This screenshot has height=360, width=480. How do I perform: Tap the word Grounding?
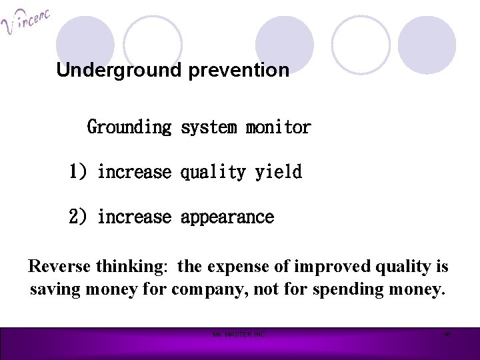click(129, 127)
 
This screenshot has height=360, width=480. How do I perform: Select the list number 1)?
click(78, 172)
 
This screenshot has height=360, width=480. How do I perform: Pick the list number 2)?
click(78, 217)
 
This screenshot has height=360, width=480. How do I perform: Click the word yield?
click(279, 172)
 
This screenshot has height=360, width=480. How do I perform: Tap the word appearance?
click(227, 217)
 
